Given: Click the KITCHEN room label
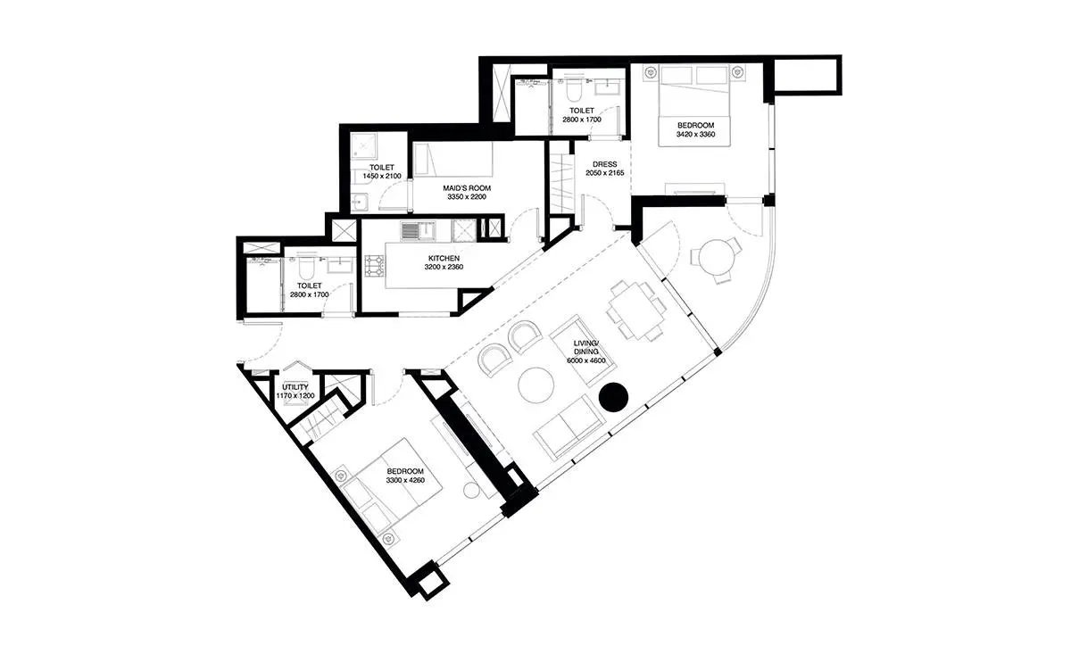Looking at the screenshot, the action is pos(444,258).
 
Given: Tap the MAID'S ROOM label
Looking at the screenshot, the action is pos(467,188).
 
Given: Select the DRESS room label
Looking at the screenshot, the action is pos(605,164).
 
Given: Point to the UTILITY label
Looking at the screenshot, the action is pos(295,386).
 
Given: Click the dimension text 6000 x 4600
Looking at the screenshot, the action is pos(586,360).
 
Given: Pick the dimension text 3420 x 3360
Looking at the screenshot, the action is pos(695,135).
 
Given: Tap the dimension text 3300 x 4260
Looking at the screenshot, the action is pos(405,480).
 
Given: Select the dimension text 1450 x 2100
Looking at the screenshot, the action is pos(382,176).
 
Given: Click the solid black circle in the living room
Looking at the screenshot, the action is pos(613,397).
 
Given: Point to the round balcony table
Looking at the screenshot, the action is pos(716,257).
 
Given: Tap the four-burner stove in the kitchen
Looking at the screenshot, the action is pos(374,266).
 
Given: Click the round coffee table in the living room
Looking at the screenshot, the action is pos(536,385).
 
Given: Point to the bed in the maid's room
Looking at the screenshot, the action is pos(452,159).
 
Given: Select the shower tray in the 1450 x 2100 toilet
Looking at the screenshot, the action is pos(364,145).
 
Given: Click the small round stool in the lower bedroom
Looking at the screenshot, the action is pos(472,491).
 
